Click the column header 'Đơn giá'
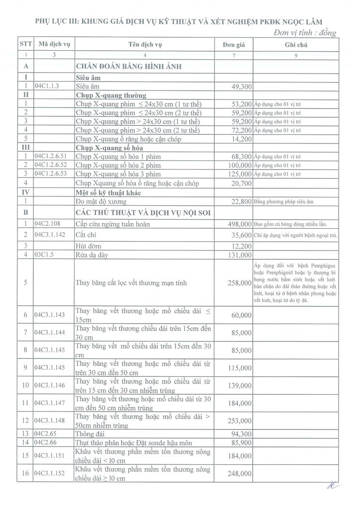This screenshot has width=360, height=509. coord(234,45)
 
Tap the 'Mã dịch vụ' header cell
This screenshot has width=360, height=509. coord(53,45)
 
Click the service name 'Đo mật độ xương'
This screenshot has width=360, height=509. coord(101,201)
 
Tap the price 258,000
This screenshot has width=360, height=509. coord(240,283)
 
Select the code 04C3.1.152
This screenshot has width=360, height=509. coord(50,474)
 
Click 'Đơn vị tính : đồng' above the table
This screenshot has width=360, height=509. coord(305,33)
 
